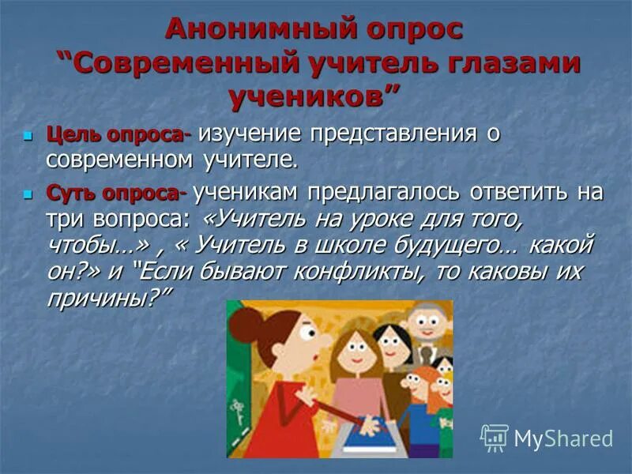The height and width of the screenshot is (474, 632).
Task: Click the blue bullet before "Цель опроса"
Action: (29, 136)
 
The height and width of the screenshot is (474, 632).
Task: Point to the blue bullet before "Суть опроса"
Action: (29, 192)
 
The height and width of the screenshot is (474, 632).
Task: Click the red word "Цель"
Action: (68, 134)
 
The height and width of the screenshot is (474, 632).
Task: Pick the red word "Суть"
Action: (68, 192)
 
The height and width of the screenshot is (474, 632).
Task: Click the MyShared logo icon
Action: (494, 437)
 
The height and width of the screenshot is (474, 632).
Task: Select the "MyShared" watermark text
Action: (562, 438)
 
